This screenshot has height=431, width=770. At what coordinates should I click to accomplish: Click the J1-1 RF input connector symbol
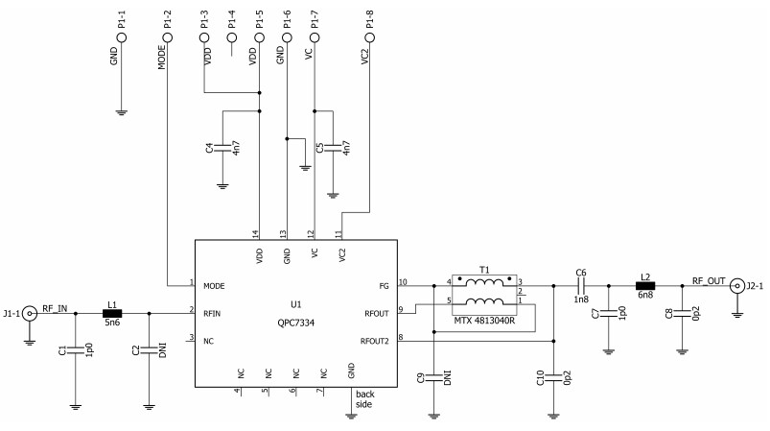tap(31, 312)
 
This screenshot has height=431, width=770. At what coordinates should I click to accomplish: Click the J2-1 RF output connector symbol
tap(736, 285)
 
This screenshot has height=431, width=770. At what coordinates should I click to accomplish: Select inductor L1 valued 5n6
tap(112, 312)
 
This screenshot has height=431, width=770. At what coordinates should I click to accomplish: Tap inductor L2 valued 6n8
tap(644, 285)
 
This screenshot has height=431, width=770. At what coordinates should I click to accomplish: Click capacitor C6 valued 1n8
tap(581, 285)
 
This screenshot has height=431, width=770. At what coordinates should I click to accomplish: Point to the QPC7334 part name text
tap(295, 322)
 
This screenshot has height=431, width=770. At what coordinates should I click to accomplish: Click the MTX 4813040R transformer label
tap(485, 320)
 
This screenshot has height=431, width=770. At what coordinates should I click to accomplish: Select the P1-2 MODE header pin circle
tap(169, 36)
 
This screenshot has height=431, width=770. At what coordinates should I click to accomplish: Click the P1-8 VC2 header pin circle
tap(370, 36)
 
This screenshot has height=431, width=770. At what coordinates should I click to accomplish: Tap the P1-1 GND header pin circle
tap(121, 36)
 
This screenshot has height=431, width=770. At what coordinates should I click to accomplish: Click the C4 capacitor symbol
tap(222, 149)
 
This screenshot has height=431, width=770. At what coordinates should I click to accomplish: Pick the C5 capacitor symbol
tap(332, 149)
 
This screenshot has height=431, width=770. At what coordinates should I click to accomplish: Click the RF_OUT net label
tap(710, 280)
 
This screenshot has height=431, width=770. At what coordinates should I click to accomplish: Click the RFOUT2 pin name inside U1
tap(375, 341)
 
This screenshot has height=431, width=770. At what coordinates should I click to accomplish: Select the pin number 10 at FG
tap(403, 281)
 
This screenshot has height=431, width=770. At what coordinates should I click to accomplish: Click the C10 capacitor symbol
tap(554, 377)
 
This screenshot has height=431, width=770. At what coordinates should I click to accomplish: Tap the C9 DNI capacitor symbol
tap(433, 377)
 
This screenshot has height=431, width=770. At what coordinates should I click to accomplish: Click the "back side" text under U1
tap(365, 399)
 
